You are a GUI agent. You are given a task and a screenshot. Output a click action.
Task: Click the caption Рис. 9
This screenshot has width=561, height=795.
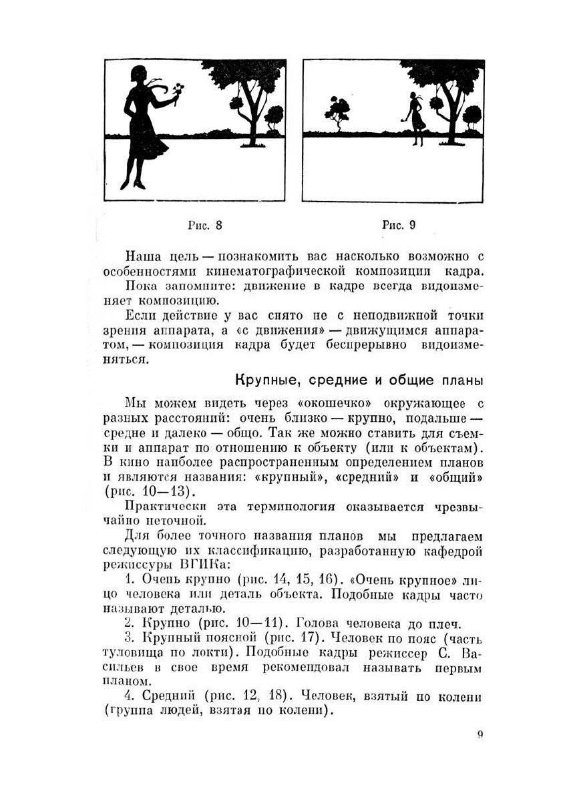pyautogui.click(x=399, y=225)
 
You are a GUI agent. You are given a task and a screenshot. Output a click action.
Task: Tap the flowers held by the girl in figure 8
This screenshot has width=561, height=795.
pyautogui.click(x=178, y=90)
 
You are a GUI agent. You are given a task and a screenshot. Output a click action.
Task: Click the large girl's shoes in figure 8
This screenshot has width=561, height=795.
pyautogui.click(x=133, y=182)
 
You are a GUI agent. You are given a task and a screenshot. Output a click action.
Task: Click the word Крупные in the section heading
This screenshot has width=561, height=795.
pyautogui.click(x=261, y=381)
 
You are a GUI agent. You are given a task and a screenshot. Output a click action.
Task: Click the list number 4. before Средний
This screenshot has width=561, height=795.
pyautogui.click(x=130, y=697)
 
